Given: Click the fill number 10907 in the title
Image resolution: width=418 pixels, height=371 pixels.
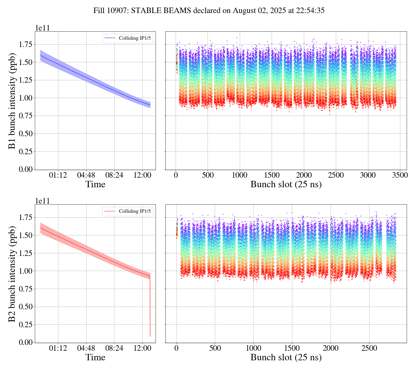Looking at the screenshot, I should pyautogui.click(x=119, y=11).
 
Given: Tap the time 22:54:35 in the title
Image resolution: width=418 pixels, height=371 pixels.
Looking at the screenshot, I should pyautogui.click(x=310, y=11).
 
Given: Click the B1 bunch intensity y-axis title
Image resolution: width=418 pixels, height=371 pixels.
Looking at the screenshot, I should pyautogui.click(x=12, y=101).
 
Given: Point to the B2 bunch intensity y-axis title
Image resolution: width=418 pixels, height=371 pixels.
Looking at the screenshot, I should pyautogui.click(x=12, y=274).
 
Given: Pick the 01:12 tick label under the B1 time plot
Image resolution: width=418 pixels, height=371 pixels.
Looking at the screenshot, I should pyautogui.click(x=58, y=175).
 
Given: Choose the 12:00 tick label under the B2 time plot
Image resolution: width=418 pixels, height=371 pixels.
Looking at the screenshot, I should pyautogui.click(x=142, y=348).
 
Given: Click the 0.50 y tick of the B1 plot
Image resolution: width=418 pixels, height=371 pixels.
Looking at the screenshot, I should pyautogui.click(x=26, y=134).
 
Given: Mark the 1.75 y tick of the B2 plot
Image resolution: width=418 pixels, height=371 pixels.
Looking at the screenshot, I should pyautogui.click(x=26, y=217).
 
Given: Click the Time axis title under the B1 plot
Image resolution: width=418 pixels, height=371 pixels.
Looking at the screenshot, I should pyautogui.click(x=95, y=184).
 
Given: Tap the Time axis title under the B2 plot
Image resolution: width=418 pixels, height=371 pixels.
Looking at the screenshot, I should pyautogui.click(x=95, y=357).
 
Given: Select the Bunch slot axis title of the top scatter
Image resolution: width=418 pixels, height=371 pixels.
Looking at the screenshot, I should pyautogui.click(x=286, y=184).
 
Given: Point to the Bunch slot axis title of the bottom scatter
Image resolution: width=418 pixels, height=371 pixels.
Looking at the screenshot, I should pyautogui.click(x=286, y=357).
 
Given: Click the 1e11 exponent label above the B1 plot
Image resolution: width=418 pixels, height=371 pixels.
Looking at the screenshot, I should pyautogui.click(x=42, y=28).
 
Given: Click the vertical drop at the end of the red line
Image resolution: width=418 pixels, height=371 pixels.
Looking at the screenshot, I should pyautogui.click(x=150, y=307).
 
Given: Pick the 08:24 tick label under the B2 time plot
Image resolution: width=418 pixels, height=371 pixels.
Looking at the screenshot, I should pyautogui.click(x=114, y=348).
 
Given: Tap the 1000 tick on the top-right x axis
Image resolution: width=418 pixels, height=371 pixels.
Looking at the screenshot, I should pyautogui.click(x=240, y=175).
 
